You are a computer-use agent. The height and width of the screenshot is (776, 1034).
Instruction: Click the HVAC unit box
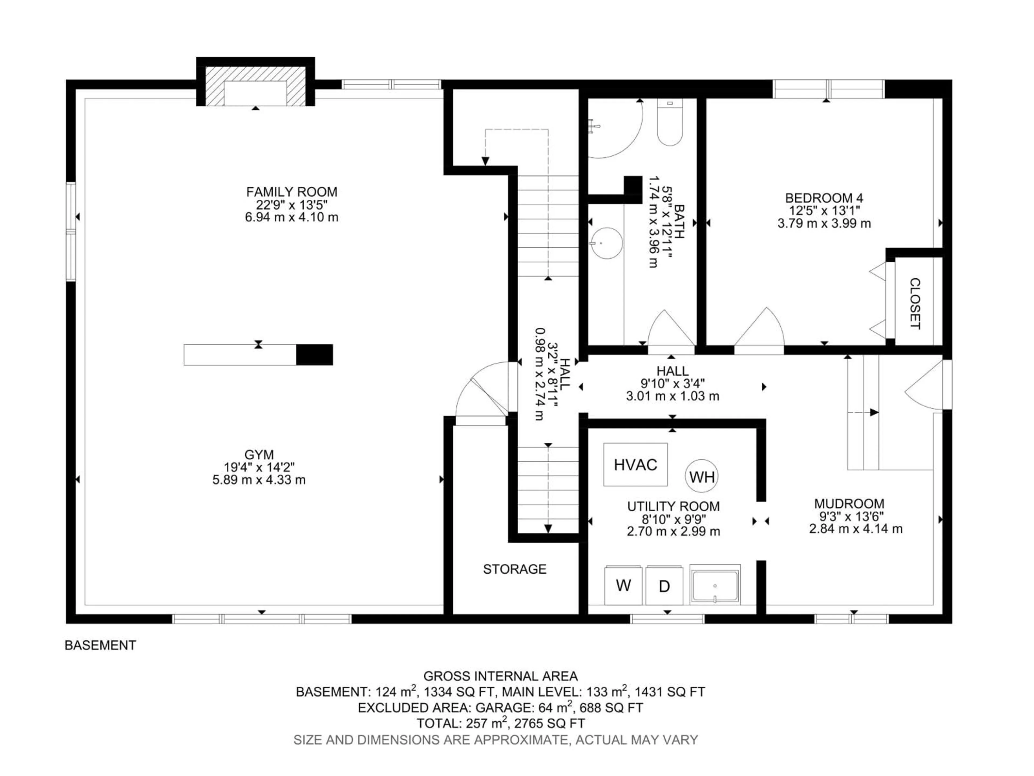[635, 465]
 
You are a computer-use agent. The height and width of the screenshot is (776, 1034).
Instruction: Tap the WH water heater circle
[702, 477]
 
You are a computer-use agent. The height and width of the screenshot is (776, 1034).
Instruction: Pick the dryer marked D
[664, 586]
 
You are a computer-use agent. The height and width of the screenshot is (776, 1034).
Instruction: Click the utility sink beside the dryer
[715, 585]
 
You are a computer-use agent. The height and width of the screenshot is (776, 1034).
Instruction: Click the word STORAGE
[515, 569]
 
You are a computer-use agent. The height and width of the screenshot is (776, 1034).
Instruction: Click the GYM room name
[259, 454]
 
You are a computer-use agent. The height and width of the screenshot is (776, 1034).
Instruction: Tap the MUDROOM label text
[849, 504]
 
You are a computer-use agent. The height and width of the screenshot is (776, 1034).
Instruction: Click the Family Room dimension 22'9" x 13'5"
[291, 205]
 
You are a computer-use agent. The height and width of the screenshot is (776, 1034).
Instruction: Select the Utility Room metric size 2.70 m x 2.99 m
[673, 531]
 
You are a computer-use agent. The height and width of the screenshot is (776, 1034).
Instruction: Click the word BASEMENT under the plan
[100, 646]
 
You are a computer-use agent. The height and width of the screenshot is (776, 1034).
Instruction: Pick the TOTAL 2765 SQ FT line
[501, 724]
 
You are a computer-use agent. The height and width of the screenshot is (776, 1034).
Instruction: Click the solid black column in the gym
[315, 355]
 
